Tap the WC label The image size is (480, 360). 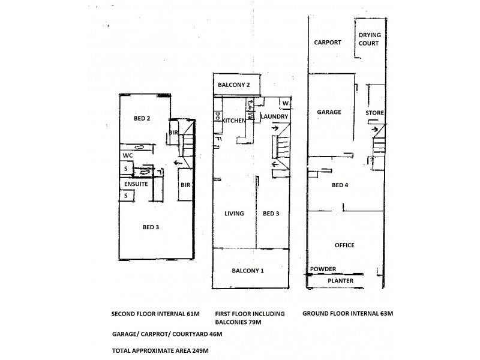pos(127,155)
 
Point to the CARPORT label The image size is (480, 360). pos(328,43)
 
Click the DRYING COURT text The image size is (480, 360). pos(370,39)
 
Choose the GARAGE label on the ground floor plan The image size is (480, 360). pos(329,112)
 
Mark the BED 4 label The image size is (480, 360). pos(341,185)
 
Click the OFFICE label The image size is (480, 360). pos(344,245)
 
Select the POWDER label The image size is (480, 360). pos(323,269)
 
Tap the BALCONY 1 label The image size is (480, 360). pos(248,271)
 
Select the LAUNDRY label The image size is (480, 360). pos(275,116)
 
